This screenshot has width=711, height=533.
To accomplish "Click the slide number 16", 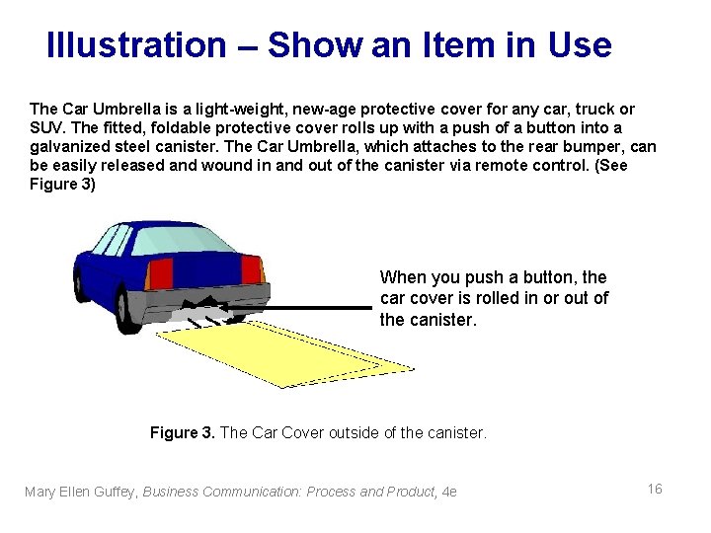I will tap(654, 490).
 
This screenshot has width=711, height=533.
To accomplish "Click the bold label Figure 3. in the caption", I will tap(182, 432).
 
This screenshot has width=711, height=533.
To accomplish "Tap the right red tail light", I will tap(252, 269).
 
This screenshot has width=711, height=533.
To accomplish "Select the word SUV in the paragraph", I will tap(47, 128).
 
